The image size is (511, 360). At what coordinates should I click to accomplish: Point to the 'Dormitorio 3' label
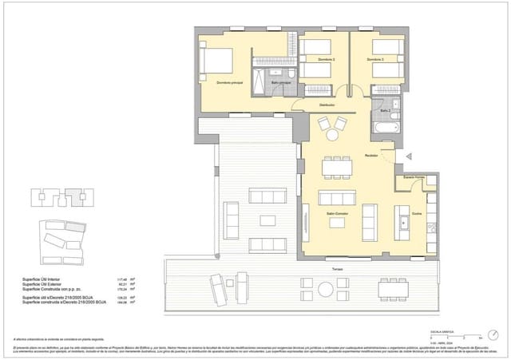tap(375, 60)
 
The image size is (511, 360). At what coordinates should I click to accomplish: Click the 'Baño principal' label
tap(280, 82)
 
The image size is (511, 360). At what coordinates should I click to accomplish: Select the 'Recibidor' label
tap(371, 154)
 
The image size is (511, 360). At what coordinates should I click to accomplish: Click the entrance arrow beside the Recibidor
tap(410, 158)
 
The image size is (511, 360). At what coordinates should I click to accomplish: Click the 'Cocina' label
tap(394, 213)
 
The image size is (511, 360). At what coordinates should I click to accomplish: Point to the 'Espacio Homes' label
tap(413, 176)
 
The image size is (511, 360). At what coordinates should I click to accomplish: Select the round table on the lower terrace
tap(240, 284)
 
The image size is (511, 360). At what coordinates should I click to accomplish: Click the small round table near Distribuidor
tap(328, 125)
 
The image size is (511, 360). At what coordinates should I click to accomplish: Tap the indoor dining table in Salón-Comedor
tap(335, 168)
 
